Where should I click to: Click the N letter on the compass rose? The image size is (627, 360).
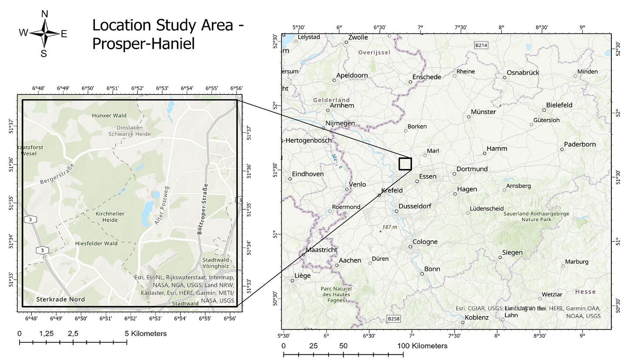click(44, 14)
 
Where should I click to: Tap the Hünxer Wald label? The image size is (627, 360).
click(109, 115)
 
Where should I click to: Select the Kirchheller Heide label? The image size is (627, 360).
click(110, 217)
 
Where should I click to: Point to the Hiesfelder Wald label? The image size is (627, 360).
click(96, 243)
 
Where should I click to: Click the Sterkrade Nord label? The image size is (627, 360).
click(61, 299)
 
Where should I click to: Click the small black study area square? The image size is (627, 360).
click(405, 164)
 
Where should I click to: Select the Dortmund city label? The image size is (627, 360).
click(472, 169)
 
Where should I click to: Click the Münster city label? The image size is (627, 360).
click(484, 112)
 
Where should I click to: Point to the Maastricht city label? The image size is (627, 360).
click(321, 250)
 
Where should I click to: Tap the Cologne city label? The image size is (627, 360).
click(427, 242)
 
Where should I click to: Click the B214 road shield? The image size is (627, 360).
click(480, 45)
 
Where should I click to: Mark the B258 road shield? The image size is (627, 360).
click(394, 319)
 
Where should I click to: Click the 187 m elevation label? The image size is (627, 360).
click(390, 227)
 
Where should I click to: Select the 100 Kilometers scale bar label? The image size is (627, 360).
click(421, 346)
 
